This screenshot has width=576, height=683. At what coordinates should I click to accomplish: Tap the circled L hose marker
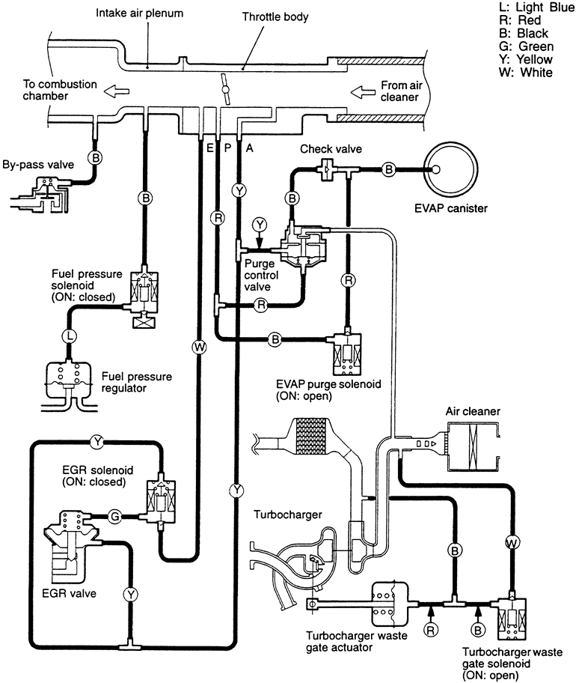[x=69, y=336]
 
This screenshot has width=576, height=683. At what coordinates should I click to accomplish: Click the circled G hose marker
[x=114, y=515]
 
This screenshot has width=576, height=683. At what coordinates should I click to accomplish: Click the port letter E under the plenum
[x=211, y=148]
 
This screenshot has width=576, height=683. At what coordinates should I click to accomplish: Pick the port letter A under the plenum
[x=250, y=148]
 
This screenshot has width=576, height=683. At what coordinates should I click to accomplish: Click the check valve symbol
[x=327, y=169]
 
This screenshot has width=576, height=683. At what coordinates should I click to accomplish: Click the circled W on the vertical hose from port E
[x=198, y=346]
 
